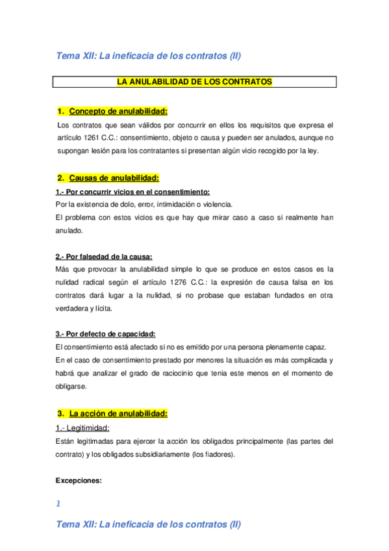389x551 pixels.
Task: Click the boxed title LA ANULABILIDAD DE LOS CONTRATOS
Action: point(194,82)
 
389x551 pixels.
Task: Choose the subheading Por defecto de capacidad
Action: point(105,334)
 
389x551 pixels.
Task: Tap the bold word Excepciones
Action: point(79,481)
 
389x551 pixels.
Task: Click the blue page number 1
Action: point(58,503)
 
